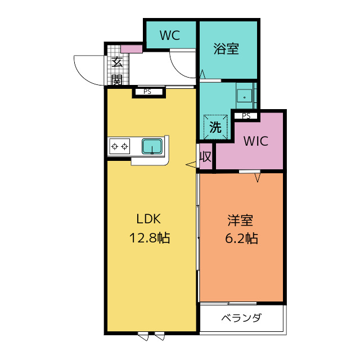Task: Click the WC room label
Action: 170,35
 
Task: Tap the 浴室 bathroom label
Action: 226,49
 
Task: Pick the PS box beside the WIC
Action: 246,116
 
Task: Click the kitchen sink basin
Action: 152,146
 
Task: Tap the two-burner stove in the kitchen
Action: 119,146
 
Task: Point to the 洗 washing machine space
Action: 215,127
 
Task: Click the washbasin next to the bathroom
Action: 244,96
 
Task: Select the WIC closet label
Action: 256,141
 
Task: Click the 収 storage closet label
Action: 205,157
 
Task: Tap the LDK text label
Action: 148,219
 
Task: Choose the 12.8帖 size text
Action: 150,238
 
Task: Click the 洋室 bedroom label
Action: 240,220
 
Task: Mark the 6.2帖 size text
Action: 241,238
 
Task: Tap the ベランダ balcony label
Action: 241,318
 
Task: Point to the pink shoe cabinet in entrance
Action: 132,49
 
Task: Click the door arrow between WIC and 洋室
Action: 258,178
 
